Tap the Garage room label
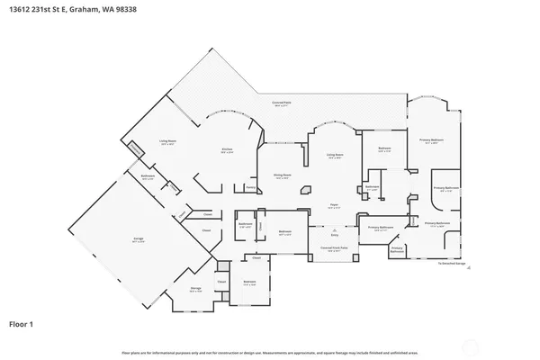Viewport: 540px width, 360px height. [x=139, y=238]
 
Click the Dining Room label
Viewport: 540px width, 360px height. [x=281, y=175]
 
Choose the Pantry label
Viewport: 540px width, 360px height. [x=249, y=187]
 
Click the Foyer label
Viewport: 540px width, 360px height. [x=332, y=204]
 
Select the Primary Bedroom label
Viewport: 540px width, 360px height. [x=432, y=140]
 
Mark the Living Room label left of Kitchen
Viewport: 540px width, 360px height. [x=167, y=141]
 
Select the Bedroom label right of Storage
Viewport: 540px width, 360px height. [x=250, y=282]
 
